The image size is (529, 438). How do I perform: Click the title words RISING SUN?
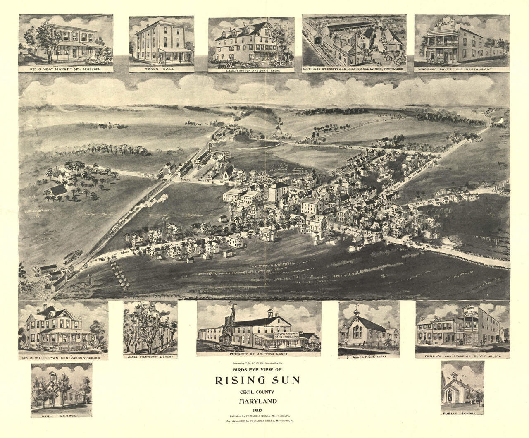pyautogui.click(x=256, y=380)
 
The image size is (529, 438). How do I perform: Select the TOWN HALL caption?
pyautogui.click(x=161, y=69)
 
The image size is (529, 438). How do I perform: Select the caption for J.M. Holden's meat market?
pyautogui.click(x=65, y=69)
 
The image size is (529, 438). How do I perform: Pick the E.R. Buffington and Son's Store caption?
pyautogui.click(x=251, y=70)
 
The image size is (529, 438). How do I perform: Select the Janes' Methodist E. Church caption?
pyautogui.click(x=150, y=356)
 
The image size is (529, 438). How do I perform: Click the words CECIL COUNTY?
pyautogui.click(x=256, y=392)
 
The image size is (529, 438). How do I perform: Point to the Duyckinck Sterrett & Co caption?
pyautogui.click(x=355, y=69)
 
